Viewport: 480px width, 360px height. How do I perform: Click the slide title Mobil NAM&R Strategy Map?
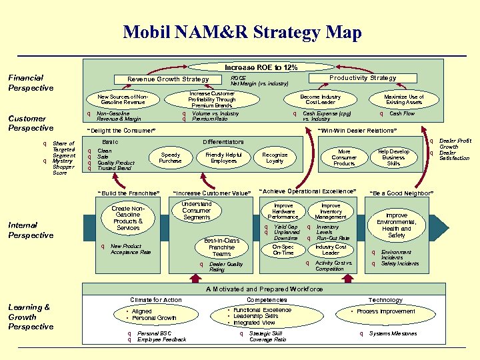point(242,32)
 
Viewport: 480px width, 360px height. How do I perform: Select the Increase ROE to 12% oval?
point(261,67)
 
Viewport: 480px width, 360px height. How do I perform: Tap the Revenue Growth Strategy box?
point(168,79)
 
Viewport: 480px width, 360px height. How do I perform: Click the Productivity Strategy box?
point(363,78)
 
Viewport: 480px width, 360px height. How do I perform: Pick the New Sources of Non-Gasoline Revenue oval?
point(122,99)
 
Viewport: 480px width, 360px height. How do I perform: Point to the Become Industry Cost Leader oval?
point(320,99)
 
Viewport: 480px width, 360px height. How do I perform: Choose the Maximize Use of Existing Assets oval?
point(404,99)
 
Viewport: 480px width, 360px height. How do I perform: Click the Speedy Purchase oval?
point(170,157)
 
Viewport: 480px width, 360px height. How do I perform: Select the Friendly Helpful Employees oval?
point(223,157)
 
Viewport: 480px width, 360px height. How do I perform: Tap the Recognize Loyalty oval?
point(275,157)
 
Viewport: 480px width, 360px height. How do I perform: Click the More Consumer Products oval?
point(344,157)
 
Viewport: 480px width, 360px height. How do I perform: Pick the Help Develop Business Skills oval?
point(393,157)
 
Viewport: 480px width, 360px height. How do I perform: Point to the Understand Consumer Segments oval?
point(197,210)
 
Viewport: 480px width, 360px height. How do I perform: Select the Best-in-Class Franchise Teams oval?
point(221,247)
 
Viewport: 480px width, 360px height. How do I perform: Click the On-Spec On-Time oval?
point(283,250)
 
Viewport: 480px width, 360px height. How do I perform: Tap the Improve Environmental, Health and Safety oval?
point(396,225)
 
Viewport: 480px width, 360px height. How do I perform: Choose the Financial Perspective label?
point(31,83)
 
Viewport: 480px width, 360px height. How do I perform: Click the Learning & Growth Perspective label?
point(31,317)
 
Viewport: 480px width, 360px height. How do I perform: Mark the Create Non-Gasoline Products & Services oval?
point(128,218)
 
